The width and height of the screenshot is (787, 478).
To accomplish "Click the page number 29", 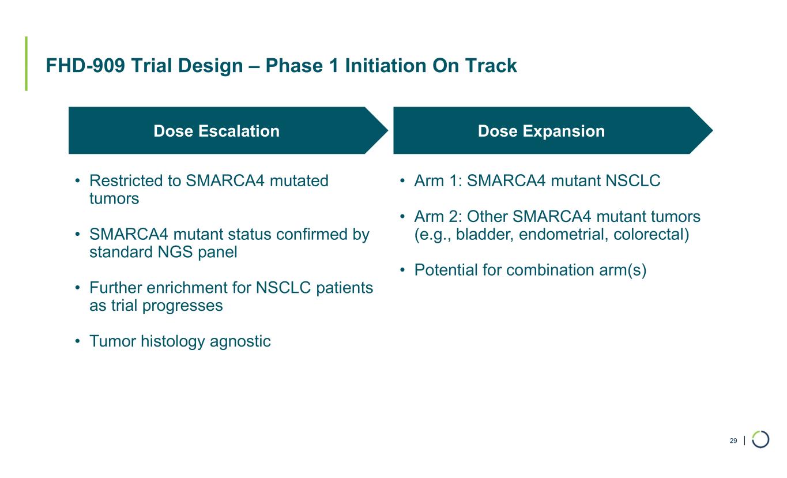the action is [x=733, y=441].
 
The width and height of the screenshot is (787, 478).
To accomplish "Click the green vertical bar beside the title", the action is [x=27, y=63].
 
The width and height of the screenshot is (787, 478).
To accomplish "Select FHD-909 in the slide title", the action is [x=85, y=66].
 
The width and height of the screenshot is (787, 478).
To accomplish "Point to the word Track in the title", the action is [x=491, y=66].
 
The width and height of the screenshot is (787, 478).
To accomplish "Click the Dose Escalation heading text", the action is [x=216, y=131].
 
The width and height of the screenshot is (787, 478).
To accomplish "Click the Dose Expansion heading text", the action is [x=541, y=131].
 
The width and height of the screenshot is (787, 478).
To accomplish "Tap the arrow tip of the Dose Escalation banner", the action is [x=388, y=130].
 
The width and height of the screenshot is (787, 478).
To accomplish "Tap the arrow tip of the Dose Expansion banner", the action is [x=713, y=130].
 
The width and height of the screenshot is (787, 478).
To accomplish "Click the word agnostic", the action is [x=240, y=341].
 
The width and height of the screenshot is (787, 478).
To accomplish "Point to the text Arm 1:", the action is [x=438, y=180].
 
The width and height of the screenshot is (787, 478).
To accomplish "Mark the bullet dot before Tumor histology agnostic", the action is [x=78, y=341].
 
